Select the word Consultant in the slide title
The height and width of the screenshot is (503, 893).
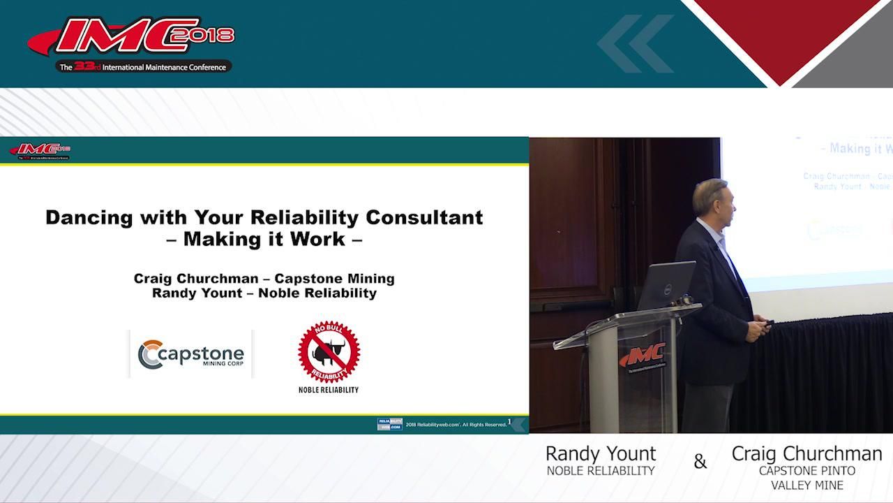[424, 217]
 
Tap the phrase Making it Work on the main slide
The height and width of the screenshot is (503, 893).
[264, 239]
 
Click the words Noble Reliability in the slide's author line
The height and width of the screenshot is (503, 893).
[317, 293]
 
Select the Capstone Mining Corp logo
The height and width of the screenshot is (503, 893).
[190, 354]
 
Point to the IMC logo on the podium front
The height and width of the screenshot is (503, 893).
[643, 356]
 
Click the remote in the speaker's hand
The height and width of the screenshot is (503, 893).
[767, 322]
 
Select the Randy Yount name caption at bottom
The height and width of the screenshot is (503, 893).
[601, 453]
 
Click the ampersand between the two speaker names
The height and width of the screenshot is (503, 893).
[700, 462]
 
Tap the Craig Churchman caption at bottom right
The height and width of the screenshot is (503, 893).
[806, 453]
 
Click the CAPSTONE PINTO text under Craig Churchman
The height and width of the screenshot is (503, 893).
[807, 471]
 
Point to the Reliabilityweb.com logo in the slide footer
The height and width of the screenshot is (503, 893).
[389, 424]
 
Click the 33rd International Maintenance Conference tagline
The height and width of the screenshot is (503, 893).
[144, 67]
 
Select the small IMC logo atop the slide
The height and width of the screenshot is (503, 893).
[40, 150]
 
